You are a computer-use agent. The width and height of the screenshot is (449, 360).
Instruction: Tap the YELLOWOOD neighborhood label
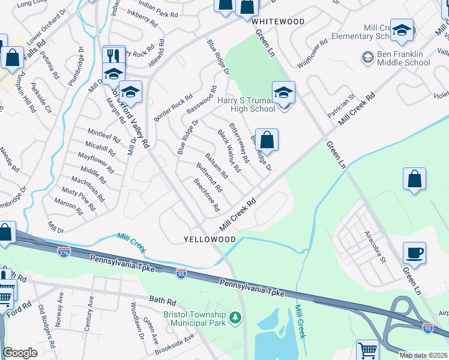[209, 239]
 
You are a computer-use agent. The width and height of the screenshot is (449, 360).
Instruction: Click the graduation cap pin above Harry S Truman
[284, 92]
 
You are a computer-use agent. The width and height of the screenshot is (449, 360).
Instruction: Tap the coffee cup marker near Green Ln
[414, 253]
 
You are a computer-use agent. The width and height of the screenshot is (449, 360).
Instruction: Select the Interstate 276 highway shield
[64, 252]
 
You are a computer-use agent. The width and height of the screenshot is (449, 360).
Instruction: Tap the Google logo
[20, 353]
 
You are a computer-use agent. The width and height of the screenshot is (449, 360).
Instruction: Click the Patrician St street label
[342, 105]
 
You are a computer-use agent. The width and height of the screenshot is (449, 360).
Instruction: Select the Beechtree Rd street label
[205, 195]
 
